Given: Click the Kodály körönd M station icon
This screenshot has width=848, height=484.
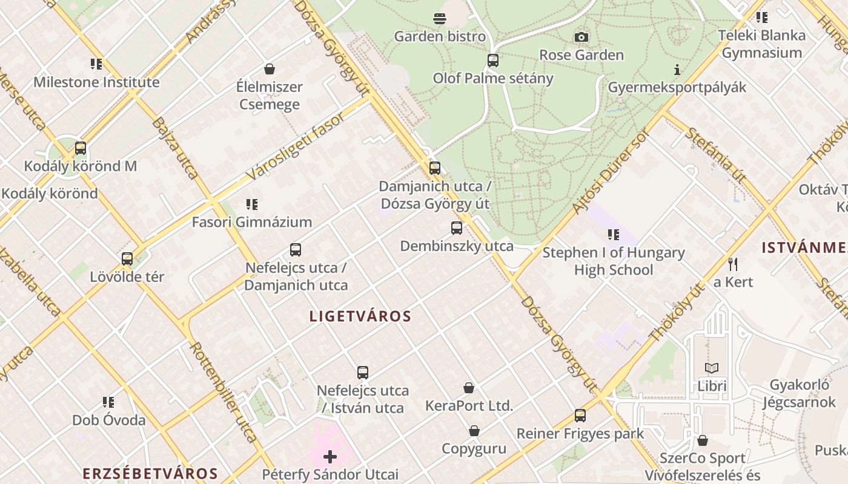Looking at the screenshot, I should tap(80, 148).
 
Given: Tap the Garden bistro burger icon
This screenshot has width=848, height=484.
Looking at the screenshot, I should tap(440, 19).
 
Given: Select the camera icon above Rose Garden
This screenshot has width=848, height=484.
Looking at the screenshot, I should tap(581, 38).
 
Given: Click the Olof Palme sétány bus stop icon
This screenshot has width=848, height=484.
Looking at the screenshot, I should tap(493, 60).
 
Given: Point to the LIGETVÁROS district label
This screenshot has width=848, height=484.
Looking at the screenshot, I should tap(360, 316).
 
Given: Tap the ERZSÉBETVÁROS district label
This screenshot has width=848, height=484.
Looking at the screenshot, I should tap(150, 474).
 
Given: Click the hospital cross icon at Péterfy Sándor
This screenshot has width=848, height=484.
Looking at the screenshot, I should tap(330, 457).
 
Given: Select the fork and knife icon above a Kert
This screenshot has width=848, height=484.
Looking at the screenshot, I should tap(733, 264).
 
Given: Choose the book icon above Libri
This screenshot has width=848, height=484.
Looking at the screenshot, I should tap(712, 368).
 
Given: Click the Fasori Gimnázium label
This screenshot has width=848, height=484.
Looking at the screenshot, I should tap(252, 222).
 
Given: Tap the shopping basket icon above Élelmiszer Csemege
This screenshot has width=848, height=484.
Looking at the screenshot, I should tap(270, 69).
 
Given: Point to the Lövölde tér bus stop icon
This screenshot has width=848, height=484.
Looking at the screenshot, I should tap(127, 259).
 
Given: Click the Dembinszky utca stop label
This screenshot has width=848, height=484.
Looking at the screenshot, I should tap(457, 246).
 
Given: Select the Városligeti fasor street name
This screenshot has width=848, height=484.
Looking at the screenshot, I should tap(295, 146).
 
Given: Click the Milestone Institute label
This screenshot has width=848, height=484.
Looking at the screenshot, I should tap(96, 82).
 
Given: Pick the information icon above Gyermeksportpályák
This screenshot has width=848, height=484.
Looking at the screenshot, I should tap(677, 70).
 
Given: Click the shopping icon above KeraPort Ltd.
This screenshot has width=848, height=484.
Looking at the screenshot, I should tap(469, 388).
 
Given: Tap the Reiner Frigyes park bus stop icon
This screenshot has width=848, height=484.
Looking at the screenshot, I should tap(580, 416).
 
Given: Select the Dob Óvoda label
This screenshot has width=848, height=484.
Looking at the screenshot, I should tap(109, 420).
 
